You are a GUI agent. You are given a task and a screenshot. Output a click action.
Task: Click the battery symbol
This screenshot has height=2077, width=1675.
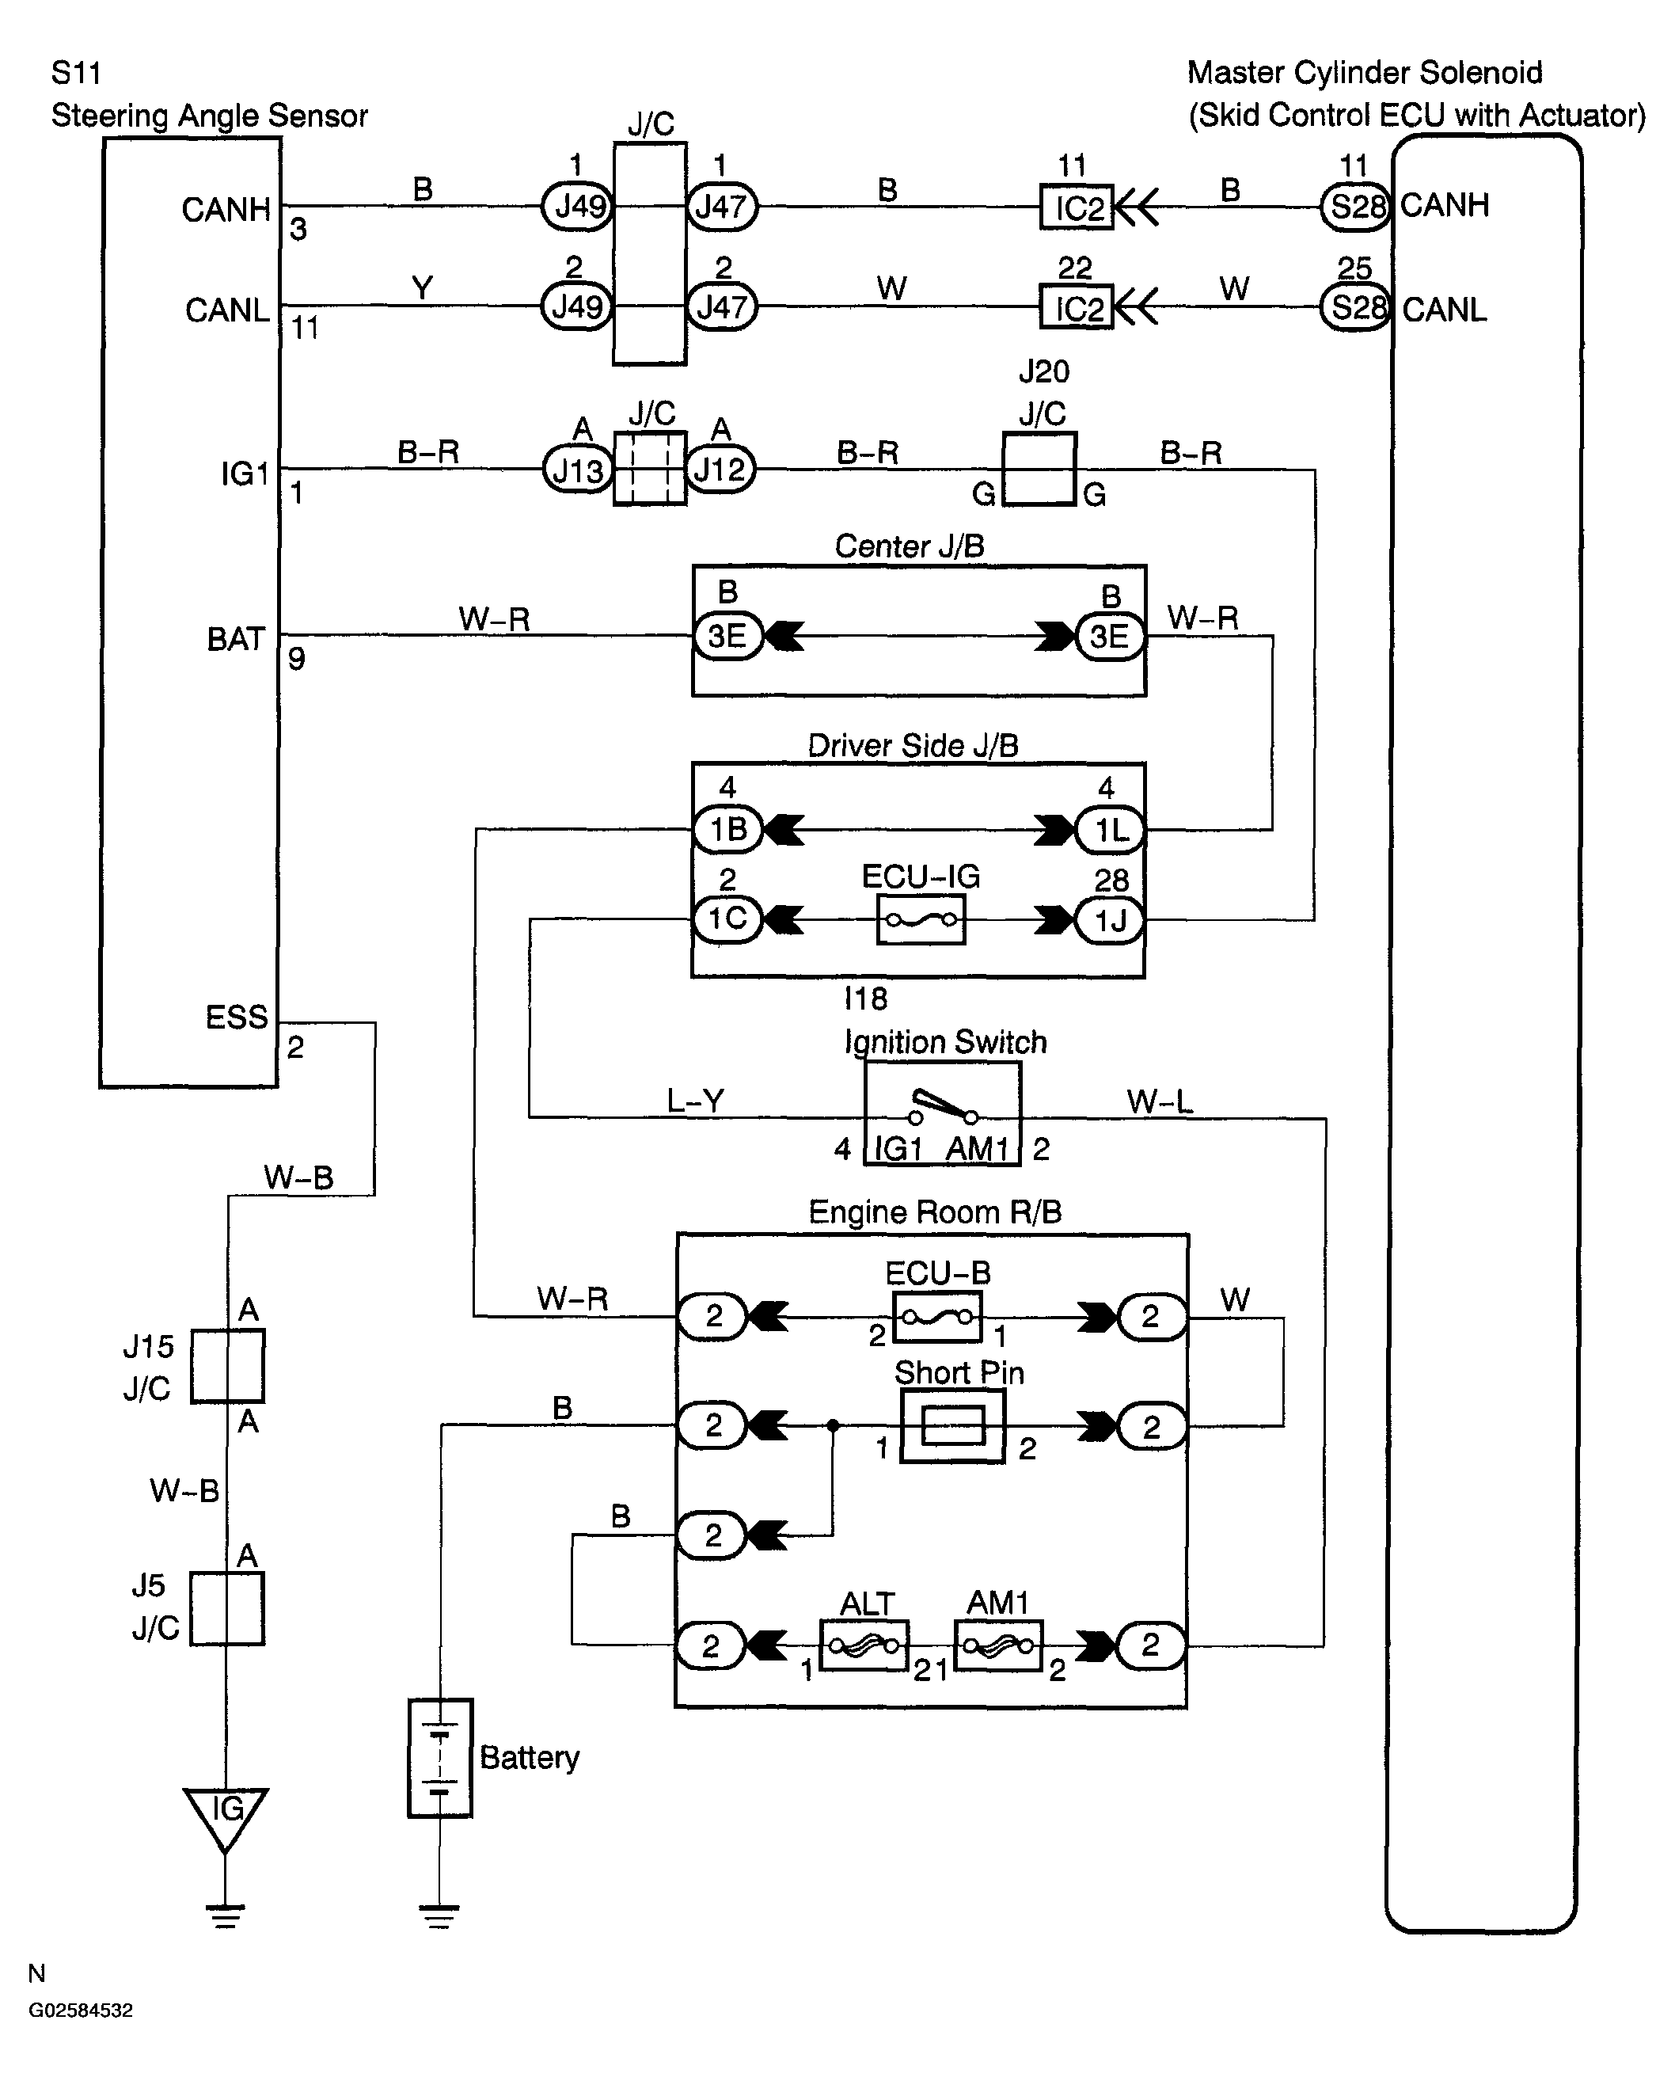click(x=440, y=1758)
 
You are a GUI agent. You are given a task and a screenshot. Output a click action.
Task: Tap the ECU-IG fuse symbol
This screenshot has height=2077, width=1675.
click(x=921, y=920)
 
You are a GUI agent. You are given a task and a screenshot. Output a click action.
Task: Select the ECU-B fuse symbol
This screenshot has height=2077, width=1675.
click(x=937, y=1317)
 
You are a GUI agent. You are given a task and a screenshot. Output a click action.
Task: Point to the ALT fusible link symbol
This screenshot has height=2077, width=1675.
click(x=864, y=1645)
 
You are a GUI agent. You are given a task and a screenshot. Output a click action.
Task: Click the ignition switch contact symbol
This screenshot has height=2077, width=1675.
click(x=944, y=1108)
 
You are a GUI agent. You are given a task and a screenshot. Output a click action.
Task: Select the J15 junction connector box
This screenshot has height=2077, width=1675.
click(x=228, y=1366)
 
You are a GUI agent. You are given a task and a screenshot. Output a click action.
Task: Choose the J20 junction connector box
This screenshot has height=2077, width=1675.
click(x=1040, y=469)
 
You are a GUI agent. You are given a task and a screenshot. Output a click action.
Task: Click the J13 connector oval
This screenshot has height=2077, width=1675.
click(x=578, y=470)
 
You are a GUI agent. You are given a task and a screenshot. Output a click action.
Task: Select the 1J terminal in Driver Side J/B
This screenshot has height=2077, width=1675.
click(x=1111, y=921)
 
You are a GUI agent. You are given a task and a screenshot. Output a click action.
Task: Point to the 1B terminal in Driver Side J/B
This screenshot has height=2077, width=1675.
click(x=728, y=829)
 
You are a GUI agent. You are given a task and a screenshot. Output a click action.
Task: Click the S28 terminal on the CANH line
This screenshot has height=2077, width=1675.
click(x=1357, y=207)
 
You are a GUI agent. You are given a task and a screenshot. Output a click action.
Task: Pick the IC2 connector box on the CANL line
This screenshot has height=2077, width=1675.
click(x=1077, y=308)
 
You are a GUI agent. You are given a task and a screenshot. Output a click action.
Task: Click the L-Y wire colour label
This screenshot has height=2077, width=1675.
click(x=696, y=1101)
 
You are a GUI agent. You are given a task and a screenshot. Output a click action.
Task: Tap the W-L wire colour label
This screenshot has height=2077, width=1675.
click(x=1160, y=1101)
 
